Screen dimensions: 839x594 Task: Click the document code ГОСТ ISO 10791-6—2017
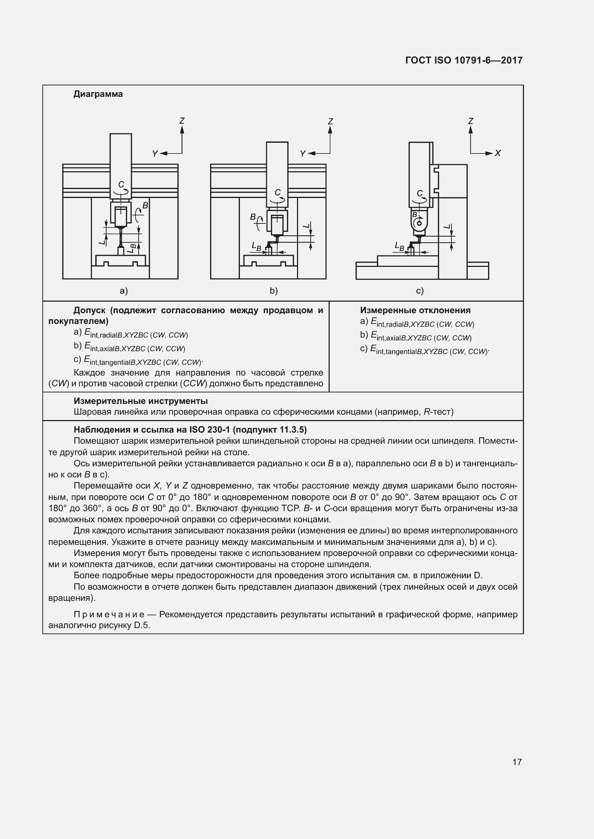pyautogui.click(x=464, y=60)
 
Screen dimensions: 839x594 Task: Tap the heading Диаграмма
pyautogui.click(x=98, y=94)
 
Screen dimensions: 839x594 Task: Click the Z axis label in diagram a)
pyautogui.click(x=182, y=121)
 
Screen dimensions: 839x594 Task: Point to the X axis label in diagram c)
pyautogui.click(x=497, y=153)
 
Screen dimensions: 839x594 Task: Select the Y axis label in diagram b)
pyautogui.click(x=302, y=154)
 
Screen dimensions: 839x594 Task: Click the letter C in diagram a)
pyautogui.click(x=121, y=184)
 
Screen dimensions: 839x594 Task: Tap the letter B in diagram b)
pyautogui.click(x=253, y=217)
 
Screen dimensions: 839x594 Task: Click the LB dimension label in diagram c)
pyautogui.click(x=399, y=247)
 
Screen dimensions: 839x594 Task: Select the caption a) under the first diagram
pyautogui.click(x=124, y=291)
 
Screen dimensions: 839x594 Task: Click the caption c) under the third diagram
pyautogui.click(x=419, y=291)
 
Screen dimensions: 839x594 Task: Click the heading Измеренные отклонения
pyautogui.click(x=415, y=310)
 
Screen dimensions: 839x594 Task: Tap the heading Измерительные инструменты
pyautogui.click(x=140, y=401)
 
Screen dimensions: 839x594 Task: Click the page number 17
pyautogui.click(x=517, y=762)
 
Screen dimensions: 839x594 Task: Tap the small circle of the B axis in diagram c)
pyautogui.click(x=419, y=223)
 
